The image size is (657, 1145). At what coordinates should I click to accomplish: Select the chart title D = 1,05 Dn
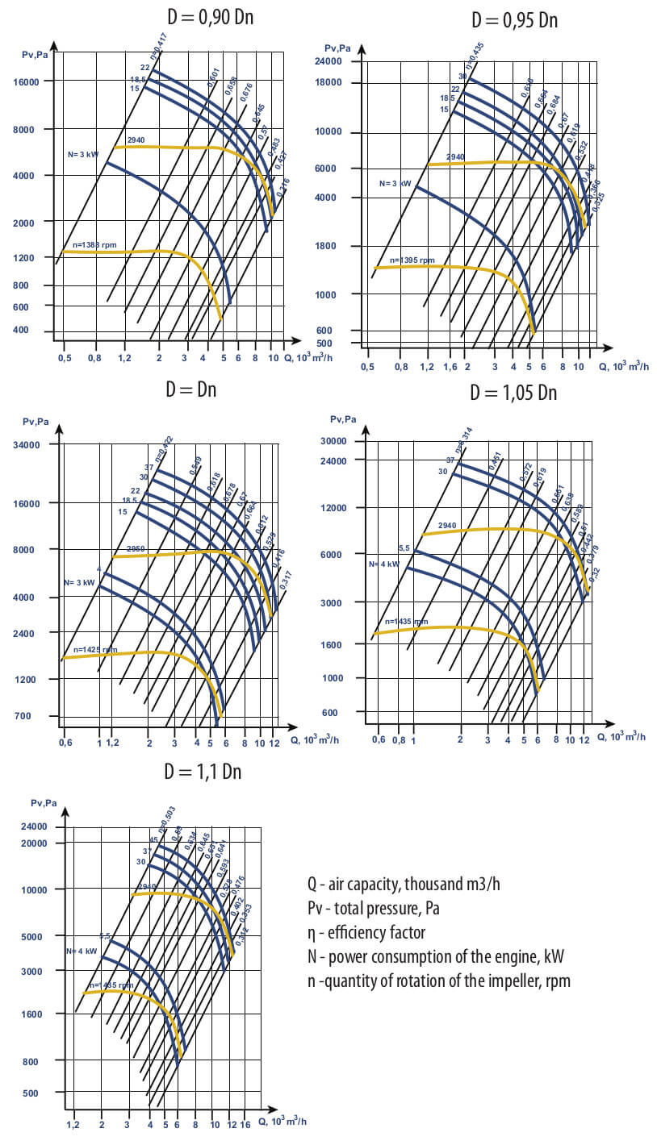pos(513,393)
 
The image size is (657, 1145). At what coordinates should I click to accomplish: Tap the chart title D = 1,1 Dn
pos(203,772)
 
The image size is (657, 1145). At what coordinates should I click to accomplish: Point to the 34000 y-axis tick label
pos(36,444)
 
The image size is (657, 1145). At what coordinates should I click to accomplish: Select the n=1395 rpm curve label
pos(412,260)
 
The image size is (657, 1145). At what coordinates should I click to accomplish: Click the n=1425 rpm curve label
pos(95,649)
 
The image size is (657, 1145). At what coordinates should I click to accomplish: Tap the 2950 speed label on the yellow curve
pos(136,549)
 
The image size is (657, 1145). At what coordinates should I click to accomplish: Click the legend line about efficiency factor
pos(366,932)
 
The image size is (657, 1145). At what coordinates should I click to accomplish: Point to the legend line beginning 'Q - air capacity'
pos(404,884)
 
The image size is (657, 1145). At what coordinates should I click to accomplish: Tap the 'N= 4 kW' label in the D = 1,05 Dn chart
pos(383,564)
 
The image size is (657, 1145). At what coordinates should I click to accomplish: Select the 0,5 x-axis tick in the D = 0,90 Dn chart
pos(64,357)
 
